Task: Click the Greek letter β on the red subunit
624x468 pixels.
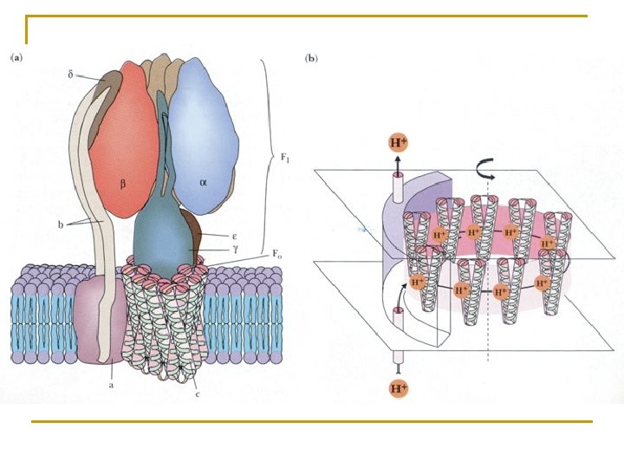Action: click(x=123, y=185)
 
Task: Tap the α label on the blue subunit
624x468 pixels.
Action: click(x=204, y=183)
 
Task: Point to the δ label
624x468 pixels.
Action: click(x=70, y=74)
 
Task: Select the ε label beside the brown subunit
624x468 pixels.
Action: click(x=235, y=236)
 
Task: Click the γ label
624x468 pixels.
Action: click(x=236, y=249)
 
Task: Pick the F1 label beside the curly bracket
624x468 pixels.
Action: click(x=285, y=158)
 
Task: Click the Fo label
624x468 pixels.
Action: click(x=277, y=254)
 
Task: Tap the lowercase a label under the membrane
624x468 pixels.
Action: click(x=112, y=385)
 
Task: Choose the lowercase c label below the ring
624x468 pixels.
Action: click(x=198, y=394)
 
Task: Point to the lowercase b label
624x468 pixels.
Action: click(x=61, y=224)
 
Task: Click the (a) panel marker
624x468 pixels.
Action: click(x=16, y=58)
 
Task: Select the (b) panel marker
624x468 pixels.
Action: click(x=311, y=59)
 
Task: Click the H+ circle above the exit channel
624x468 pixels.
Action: click(x=399, y=143)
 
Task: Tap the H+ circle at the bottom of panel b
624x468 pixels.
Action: click(x=399, y=388)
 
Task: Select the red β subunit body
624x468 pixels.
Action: click(x=123, y=140)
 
